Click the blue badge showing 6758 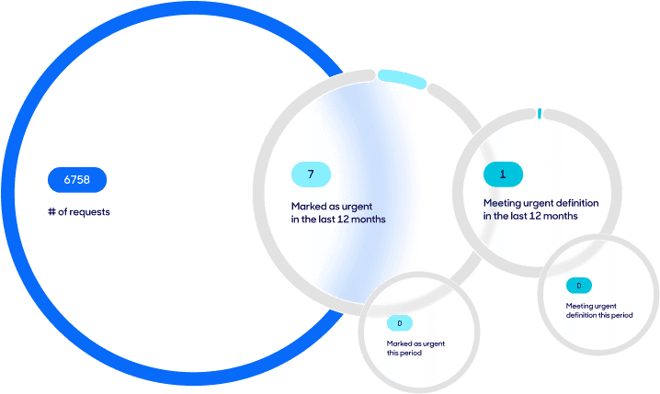click(77, 179)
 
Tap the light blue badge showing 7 click(311, 174)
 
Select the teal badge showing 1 click(503, 174)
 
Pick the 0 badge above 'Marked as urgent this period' click(400, 323)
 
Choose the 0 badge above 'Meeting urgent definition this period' click(579, 286)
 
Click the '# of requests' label click(79, 211)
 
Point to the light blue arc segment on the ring click(402, 79)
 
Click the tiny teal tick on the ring click(540, 113)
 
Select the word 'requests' click(90, 212)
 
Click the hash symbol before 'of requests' click(51, 211)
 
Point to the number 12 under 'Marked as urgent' click(343, 220)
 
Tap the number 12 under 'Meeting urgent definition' click(535, 216)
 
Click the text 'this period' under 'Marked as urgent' click(404, 353)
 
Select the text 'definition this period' click(599, 315)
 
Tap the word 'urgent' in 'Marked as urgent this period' click(434, 343)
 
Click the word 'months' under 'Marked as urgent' click(369, 220)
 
